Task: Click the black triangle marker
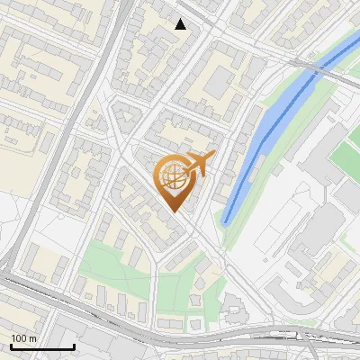tap(181, 24)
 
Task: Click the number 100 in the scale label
tap(19, 338)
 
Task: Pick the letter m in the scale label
tap(33, 338)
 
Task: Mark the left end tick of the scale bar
tap(11, 346)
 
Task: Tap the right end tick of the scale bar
tap(74, 346)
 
